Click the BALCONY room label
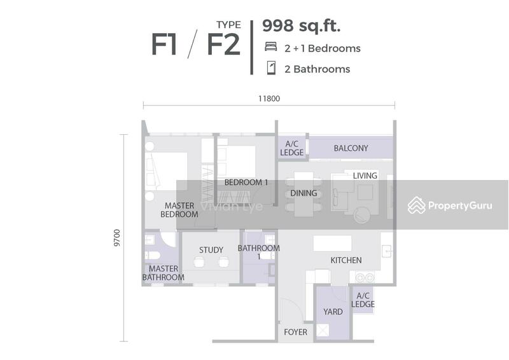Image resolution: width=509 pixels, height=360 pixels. pyautogui.click(x=351, y=148)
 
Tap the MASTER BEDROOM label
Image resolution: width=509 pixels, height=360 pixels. pyautogui.click(x=179, y=210)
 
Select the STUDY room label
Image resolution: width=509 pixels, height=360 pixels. pyautogui.click(x=211, y=250)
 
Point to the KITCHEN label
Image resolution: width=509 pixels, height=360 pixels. pyautogui.click(x=346, y=260)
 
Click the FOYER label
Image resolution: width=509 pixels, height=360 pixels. pyautogui.click(x=295, y=332)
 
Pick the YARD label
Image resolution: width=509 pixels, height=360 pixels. pyautogui.click(x=333, y=312)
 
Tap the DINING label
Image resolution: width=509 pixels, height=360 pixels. pyautogui.click(x=303, y=193)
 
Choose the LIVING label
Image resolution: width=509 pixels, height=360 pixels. pyautogui.click(x=365, y=176)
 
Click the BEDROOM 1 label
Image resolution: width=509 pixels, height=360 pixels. pyautogui.click(x=246, y=183)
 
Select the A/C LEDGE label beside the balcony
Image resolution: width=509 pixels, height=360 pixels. pyautogui.click(x=292, y=148)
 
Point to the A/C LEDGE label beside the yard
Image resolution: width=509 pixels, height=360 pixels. pyautogui.click(x=363, y=300)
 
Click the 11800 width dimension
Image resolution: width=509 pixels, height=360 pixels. pyautogui.click(x=269, y=99)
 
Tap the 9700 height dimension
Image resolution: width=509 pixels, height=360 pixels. pyautogui.click(x=117, y=238)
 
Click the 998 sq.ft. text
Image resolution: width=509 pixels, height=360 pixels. pyautogui.click(x=301, y=25)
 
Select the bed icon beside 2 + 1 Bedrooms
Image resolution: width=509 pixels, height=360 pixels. pyautogui.click(x=271, y=46)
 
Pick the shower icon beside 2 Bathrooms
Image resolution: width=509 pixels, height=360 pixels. pyautogui.click(x=271, y=68)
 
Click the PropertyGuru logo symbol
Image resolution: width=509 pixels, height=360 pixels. pyautogui.click(x=417, y=205)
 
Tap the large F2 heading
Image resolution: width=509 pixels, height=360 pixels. pyautogui.click(x=224, y=45)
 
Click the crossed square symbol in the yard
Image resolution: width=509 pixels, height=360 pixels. pyautogui.click(x=323, y=331)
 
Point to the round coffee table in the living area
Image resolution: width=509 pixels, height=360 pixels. pyautogui.click(x=362, y=215)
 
